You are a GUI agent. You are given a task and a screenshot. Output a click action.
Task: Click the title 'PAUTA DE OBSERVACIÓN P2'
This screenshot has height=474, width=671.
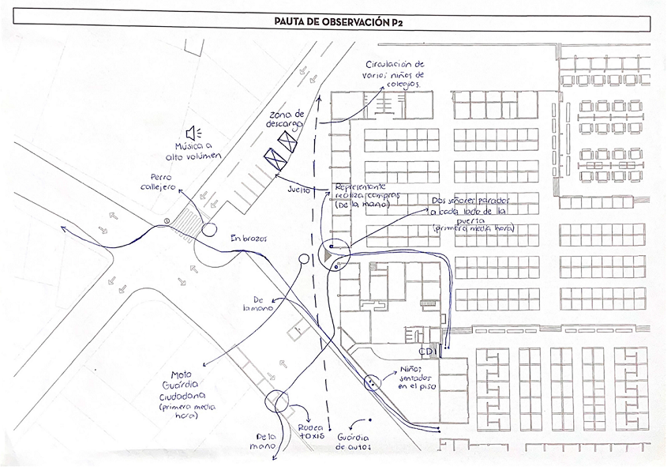(x=335, y=24)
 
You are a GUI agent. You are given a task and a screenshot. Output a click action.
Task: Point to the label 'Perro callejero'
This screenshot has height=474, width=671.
(x=160, y=182)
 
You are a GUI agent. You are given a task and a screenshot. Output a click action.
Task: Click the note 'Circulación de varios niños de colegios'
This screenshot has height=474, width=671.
(x=395, y=73)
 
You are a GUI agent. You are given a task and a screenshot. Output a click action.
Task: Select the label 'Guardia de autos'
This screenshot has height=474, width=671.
(x=354, y=442)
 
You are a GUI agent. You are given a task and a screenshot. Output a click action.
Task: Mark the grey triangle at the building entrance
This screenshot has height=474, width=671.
(x=327, y=254)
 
